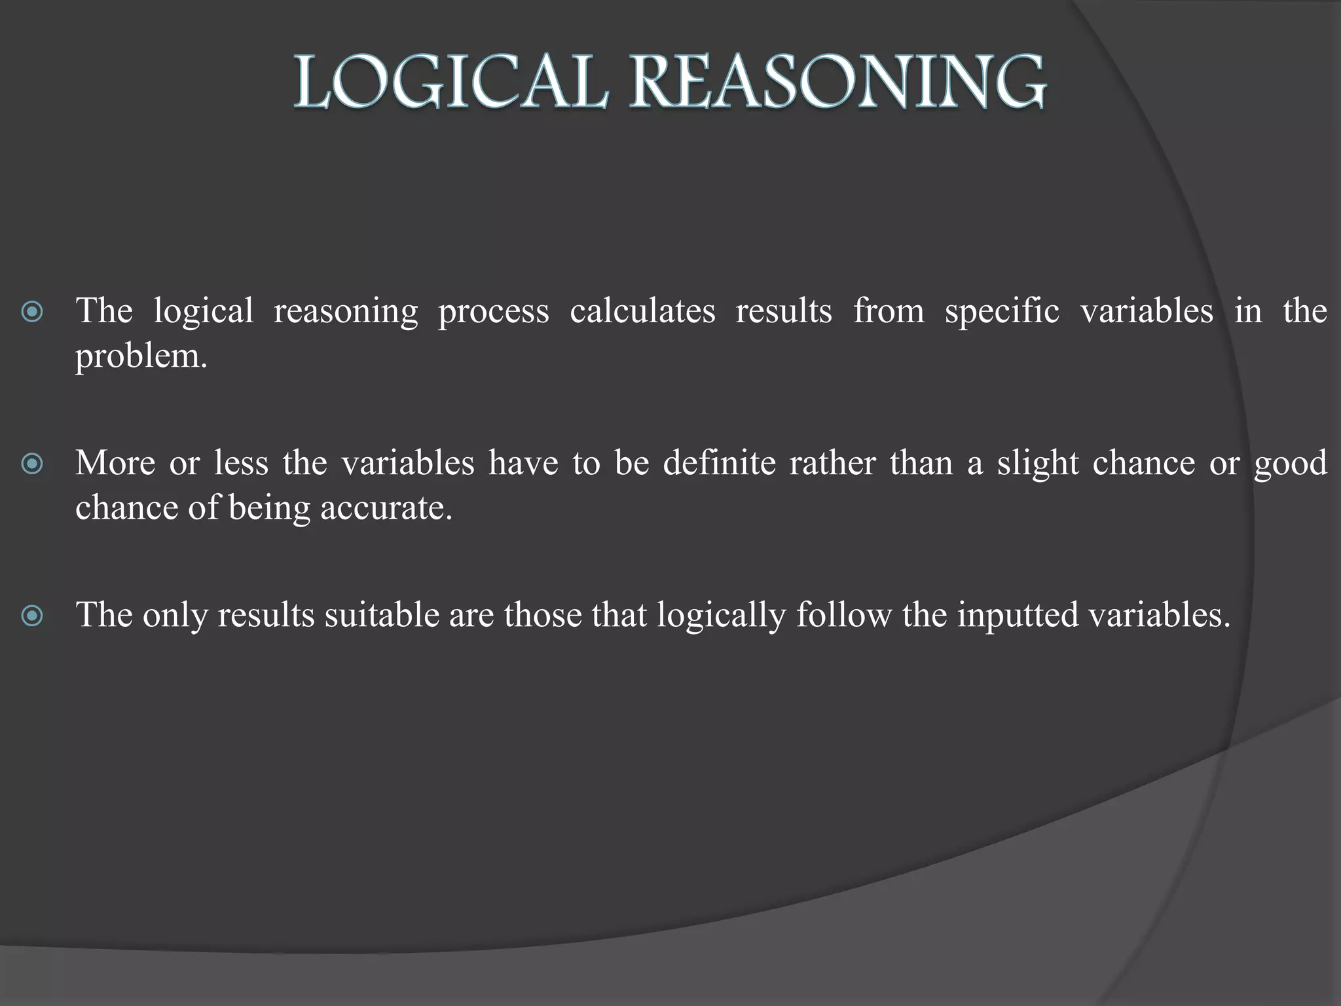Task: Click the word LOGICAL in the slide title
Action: (450, 83)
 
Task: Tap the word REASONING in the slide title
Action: (838, 83)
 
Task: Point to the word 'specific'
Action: (1002, 312)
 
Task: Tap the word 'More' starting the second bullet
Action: (115, 463)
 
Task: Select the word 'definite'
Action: (718, 463)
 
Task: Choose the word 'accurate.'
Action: (386, 508)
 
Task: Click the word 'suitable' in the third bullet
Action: (382, 615)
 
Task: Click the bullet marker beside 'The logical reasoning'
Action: (32, 312)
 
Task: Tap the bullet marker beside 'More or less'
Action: (32, 464)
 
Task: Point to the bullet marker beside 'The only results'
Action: (32, 616)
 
